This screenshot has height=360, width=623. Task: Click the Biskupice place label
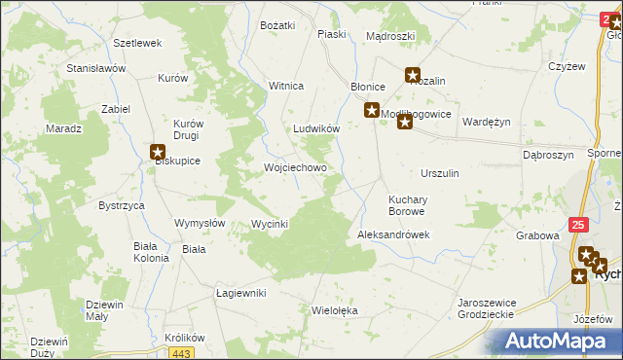click(177, 162)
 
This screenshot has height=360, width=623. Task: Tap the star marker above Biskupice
click(159, 151)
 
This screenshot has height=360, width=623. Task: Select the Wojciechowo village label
click(295, 167)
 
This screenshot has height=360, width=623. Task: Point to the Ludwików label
click(316, 128)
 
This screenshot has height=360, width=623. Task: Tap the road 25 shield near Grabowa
click(579, 225)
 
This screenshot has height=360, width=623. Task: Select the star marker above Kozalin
click(413, 74)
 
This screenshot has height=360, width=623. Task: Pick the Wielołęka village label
click(335, 310)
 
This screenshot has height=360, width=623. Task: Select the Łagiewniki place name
click(240, 293)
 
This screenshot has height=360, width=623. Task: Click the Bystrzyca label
click(122, 206)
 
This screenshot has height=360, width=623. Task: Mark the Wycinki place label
click(270, 224)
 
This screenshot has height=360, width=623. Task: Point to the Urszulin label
click(440, 172)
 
